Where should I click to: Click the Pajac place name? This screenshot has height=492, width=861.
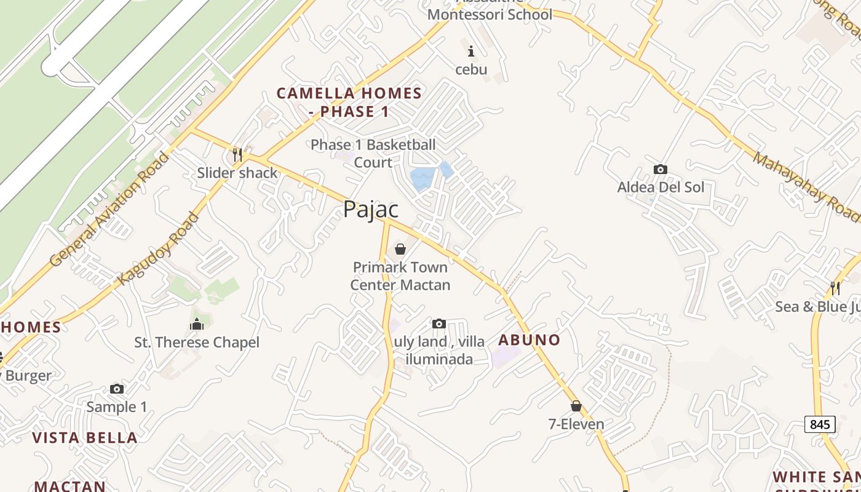click(x=371, y=210)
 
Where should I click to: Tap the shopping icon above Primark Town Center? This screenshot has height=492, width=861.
click(x=400, y=249)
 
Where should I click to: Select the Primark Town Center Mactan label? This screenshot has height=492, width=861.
click(x=400, y=276)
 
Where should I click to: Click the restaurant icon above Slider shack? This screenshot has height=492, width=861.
click(x=237, y=154)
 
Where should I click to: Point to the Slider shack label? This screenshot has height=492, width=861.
click(x=237, y=173)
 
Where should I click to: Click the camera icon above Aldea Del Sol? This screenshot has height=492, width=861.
click(x=661, y=169)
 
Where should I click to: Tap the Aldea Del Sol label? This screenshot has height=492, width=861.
click(x=661, y=187)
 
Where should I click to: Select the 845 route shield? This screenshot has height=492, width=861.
click(x=820, y=424)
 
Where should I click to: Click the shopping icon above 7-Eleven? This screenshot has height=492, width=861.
click(x=576, y=406)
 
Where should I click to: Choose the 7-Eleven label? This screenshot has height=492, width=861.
click(x=576, y=424)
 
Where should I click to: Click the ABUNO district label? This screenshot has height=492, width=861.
click(x=530, y=340)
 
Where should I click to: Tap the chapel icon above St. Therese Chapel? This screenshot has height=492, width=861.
click(x=197, y=324)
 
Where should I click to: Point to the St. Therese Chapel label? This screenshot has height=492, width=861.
click(x=197, y=343)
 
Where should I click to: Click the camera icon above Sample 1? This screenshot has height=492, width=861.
click(x=117, y=389)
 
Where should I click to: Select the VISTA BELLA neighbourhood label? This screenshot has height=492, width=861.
click(x=85, y=438)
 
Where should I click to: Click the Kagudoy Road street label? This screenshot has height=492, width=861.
click(x=159, y=249)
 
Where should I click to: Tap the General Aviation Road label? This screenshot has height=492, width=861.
click(x=109, y=210)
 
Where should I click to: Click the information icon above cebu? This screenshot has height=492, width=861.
click(x=471, y=51)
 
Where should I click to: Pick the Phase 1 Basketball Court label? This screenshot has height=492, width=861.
click(x=373, y=154)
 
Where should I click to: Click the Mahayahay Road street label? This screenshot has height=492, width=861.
click(x=806, y=186)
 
